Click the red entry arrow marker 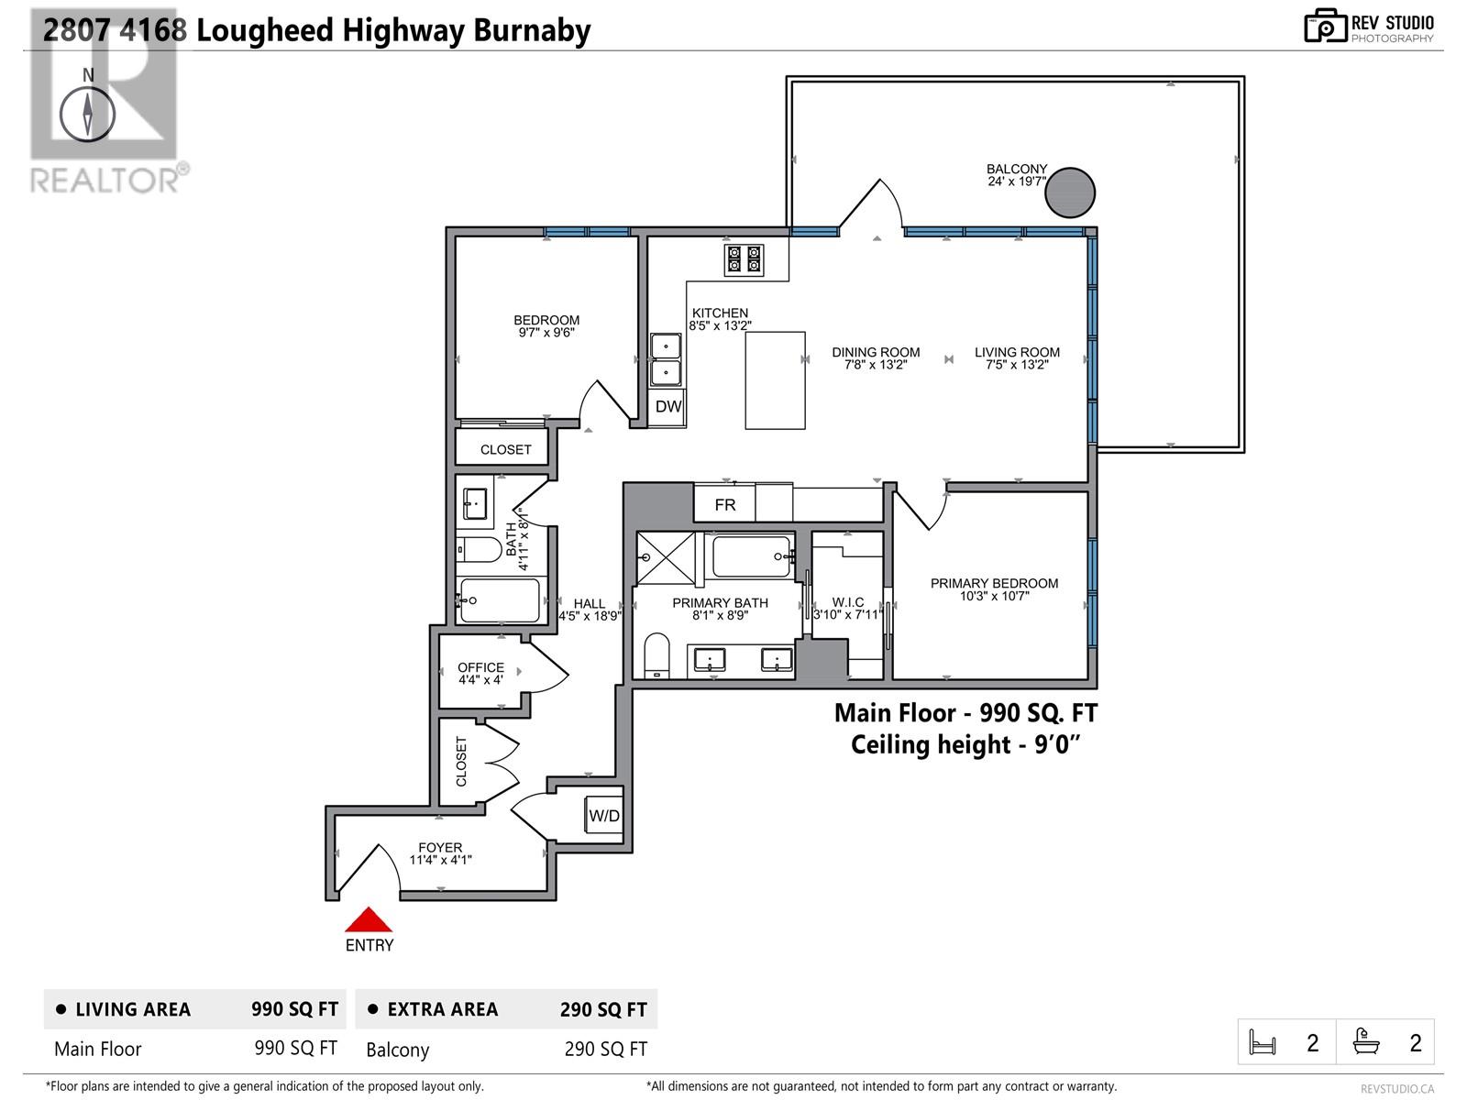coord(369,920)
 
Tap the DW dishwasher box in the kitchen coord(668,406)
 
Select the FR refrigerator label coord(725,504)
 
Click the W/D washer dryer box coord(604,816)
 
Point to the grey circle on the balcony coord(1070,192)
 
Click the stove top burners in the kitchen coord(744,258)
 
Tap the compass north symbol coord(88,115)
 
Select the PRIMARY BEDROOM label coord(994,583)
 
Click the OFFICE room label coord(480,667)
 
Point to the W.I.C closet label coord(848,602)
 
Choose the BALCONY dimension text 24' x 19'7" coord(1016,181)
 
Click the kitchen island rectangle coord(775,380)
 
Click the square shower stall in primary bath coord(667,556)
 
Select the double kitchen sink coord(666,359)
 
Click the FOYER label coord(440,847)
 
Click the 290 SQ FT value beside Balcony coord(605,1049)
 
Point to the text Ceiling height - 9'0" coord(965,744)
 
